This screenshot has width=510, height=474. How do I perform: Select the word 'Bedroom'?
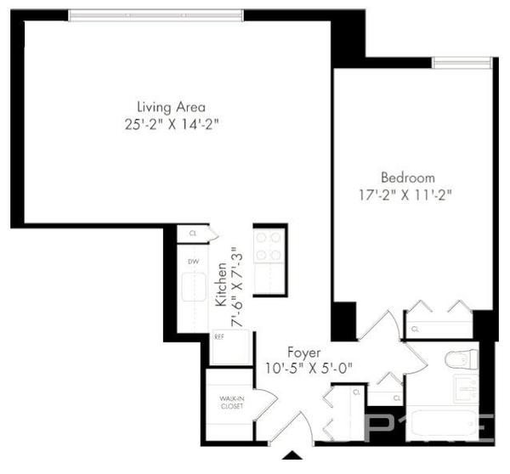[x=407, y=178]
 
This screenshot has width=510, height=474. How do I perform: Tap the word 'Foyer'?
[x=303, y=352]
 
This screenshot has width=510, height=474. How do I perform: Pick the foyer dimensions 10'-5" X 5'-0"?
[x=307, y=369]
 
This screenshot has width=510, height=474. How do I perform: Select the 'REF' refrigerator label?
[x=219, y=336]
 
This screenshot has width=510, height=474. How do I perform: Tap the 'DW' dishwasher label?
[x=193, y=262]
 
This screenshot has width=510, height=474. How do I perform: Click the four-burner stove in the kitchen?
[x=269, y=247]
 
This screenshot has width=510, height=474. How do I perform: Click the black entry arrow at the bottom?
[x=293, y=456]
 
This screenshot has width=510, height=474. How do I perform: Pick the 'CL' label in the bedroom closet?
[x=416, y=329]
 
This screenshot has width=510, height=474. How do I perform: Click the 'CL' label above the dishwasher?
[x=193, y=232]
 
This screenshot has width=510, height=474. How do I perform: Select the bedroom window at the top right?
[x=462, y=61]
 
